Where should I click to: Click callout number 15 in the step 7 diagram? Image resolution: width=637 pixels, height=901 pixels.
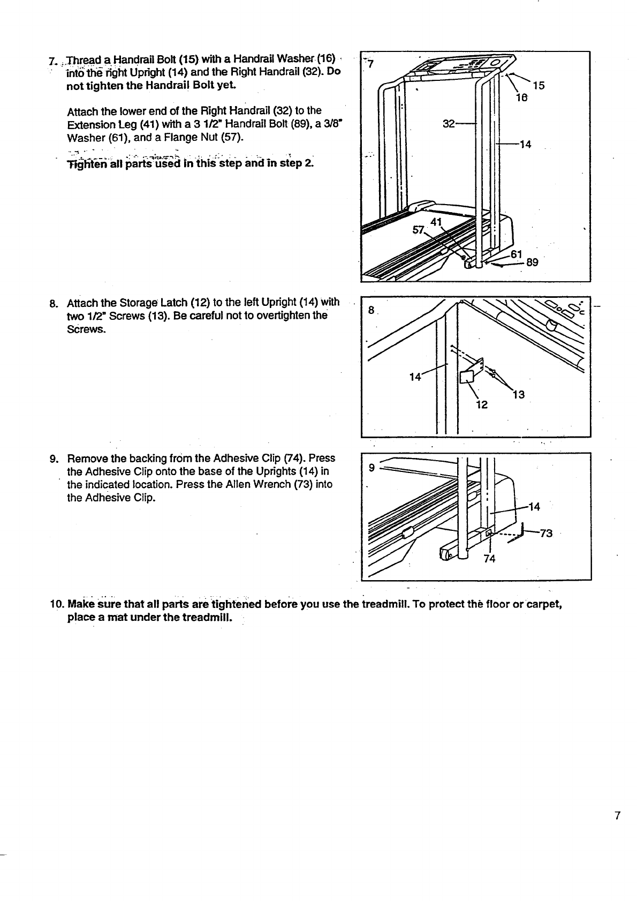point(539,86)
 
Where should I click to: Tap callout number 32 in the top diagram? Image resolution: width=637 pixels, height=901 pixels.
point(449,124)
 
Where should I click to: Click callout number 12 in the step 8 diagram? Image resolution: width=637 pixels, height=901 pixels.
point(482,404)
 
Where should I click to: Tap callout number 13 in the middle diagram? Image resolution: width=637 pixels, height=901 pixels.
point(518,395)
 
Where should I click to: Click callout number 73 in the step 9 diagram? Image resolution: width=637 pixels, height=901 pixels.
point(545,533)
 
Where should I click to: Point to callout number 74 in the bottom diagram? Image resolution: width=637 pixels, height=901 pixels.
point(489,559)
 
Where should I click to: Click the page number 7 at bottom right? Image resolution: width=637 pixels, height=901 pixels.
point(617,816)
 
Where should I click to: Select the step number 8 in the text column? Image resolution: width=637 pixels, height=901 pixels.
point(53,304)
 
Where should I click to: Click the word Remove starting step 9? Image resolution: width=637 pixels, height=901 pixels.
point(84,458)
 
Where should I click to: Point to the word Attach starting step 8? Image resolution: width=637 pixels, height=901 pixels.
point(81,304)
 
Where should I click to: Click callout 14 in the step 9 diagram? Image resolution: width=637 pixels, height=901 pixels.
point(534,506)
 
